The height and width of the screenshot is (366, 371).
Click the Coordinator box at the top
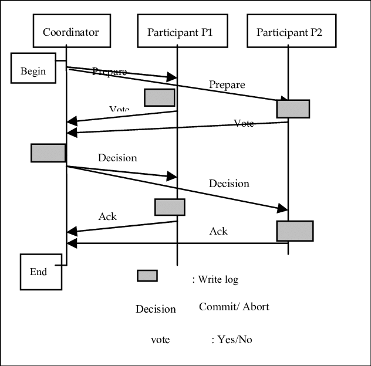(x=70, y=32)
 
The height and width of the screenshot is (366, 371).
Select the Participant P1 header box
(x=179, y=32)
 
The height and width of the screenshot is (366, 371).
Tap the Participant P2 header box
(x=289, y=32)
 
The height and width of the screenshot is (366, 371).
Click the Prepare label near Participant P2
(x=227, y=84)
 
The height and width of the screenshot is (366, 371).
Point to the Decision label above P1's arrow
(x=117, y=158)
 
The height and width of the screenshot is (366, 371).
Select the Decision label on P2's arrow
(x=229, y=184)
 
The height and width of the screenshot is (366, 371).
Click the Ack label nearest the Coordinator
(x=107, y=216)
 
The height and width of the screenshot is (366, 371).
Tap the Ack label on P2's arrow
(x=218, y=231)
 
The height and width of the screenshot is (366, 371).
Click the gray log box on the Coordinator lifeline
(x=48, y=152)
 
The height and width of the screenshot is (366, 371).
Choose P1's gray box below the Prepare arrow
(x=160, y=97)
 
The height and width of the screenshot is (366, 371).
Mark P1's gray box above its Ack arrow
(x=170, y=207)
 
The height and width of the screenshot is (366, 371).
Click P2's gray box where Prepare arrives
(x=293, y=109)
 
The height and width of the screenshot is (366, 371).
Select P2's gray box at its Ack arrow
(x=295, y=231)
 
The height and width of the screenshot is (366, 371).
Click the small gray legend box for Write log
(x=147, y=276)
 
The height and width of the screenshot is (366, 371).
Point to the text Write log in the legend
(x=218, y=279)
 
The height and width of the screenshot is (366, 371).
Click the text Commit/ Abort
(x=234, y=307)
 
